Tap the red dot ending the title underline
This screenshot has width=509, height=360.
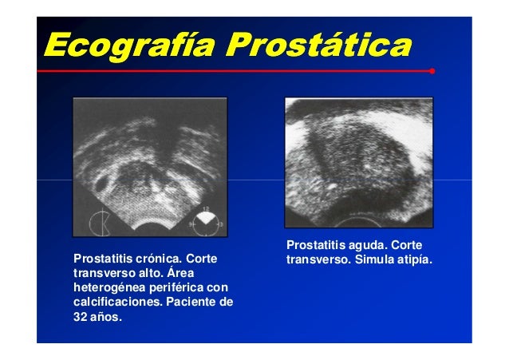coord(432,71)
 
